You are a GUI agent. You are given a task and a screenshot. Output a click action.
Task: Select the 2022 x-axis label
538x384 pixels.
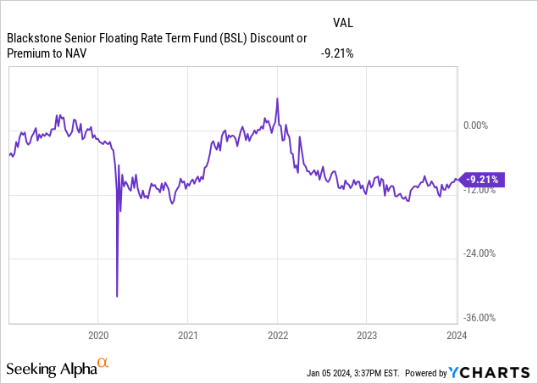[x=277, y=334]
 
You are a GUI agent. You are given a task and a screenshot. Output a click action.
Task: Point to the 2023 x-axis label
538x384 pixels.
[x=366, y=334]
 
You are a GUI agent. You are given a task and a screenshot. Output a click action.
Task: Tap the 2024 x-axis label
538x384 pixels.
[x=456, y=334]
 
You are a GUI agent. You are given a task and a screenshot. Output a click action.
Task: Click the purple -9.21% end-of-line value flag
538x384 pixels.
[x=482, y=179]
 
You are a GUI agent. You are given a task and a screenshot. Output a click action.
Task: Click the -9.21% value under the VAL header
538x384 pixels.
[x=336, y=54]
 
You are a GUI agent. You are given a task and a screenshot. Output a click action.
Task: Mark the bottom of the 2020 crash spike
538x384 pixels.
[x=117, y=296]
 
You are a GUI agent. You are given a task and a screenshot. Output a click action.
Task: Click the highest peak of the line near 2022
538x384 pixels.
[x=277, y=99]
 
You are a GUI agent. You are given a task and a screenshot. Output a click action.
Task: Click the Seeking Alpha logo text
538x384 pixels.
[x=51, y=369]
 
